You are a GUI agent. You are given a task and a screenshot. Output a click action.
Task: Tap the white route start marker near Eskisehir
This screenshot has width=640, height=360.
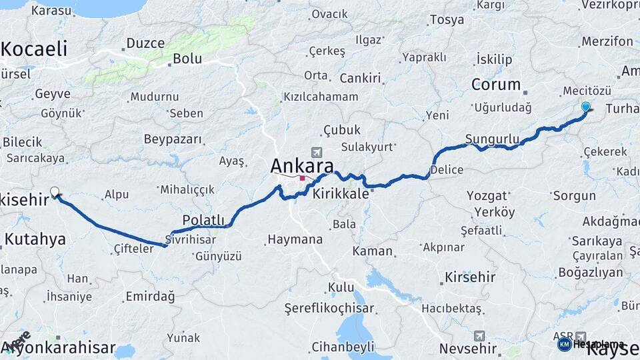(x=55, y=192)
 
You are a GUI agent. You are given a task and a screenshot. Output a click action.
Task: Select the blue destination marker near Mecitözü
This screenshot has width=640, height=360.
(x=586, y=107)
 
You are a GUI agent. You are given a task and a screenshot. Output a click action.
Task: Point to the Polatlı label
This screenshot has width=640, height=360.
(x=205, y=220)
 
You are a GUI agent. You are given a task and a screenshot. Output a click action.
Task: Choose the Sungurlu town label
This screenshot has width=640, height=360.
(x=492, y=139)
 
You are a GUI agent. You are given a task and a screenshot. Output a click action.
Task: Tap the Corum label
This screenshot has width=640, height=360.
(x=495, y=85)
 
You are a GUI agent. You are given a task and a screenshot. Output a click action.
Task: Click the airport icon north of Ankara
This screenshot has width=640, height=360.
(x=315, y=153)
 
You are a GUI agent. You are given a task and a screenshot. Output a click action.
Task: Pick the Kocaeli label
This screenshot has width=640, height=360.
(x=35, y=49)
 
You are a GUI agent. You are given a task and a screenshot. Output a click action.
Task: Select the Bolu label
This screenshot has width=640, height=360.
(x=187, y=59)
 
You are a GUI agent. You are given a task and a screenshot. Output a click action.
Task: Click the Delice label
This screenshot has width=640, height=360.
(x=447, y=169)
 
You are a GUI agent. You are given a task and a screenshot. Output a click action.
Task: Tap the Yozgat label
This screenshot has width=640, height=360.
(x=491, y=196)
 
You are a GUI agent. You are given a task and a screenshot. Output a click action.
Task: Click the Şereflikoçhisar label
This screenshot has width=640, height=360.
(x=329, y=308)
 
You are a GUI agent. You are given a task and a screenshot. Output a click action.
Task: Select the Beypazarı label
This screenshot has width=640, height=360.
(x=173, y=139)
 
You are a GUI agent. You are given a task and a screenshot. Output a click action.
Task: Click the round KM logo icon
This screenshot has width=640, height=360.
(x=564, y=344)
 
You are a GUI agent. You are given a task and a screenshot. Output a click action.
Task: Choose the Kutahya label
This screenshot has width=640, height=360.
(x=35, y=239)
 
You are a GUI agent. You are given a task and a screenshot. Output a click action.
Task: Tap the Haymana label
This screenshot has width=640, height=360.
(x=295, y=239)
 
